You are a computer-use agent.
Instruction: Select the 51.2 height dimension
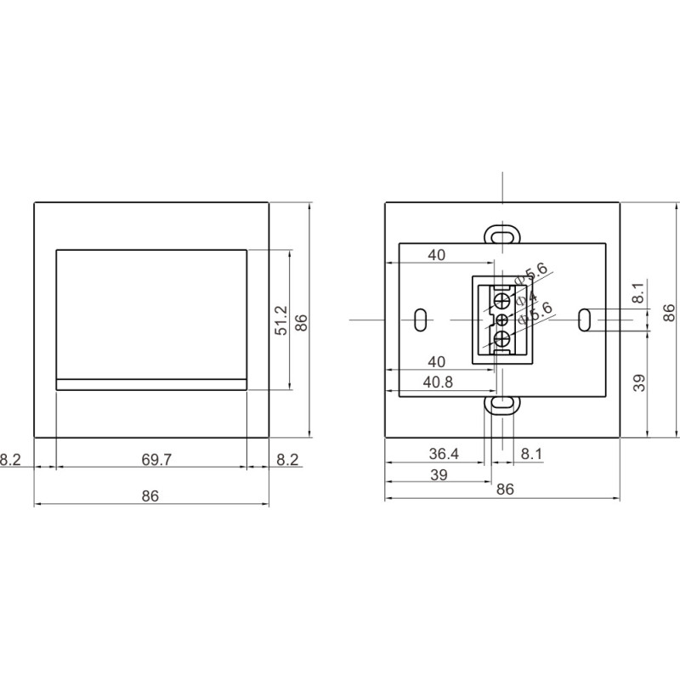tap(281, 321)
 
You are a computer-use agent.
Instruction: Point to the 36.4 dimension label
tap(444, 455)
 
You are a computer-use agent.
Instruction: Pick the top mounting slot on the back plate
tap(502, 234)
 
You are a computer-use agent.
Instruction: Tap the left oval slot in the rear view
tap(420, 320)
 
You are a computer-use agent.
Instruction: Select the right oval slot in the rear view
tap(585, 320)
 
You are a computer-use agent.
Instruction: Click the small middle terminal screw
tap(501, 320)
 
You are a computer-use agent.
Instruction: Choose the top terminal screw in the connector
tap(502, 300)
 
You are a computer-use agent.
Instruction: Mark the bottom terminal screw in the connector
tap(502, 341)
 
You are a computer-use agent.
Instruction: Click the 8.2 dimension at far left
tap(11, 460)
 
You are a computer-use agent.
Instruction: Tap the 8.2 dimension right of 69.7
tap(288, 460)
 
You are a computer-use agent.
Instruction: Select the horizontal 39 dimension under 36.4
tap(439, 475)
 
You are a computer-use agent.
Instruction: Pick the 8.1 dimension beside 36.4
tap(530, 455)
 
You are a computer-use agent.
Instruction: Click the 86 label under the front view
tap(150, 496)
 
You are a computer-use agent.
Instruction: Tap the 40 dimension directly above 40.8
tap(437, 362)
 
